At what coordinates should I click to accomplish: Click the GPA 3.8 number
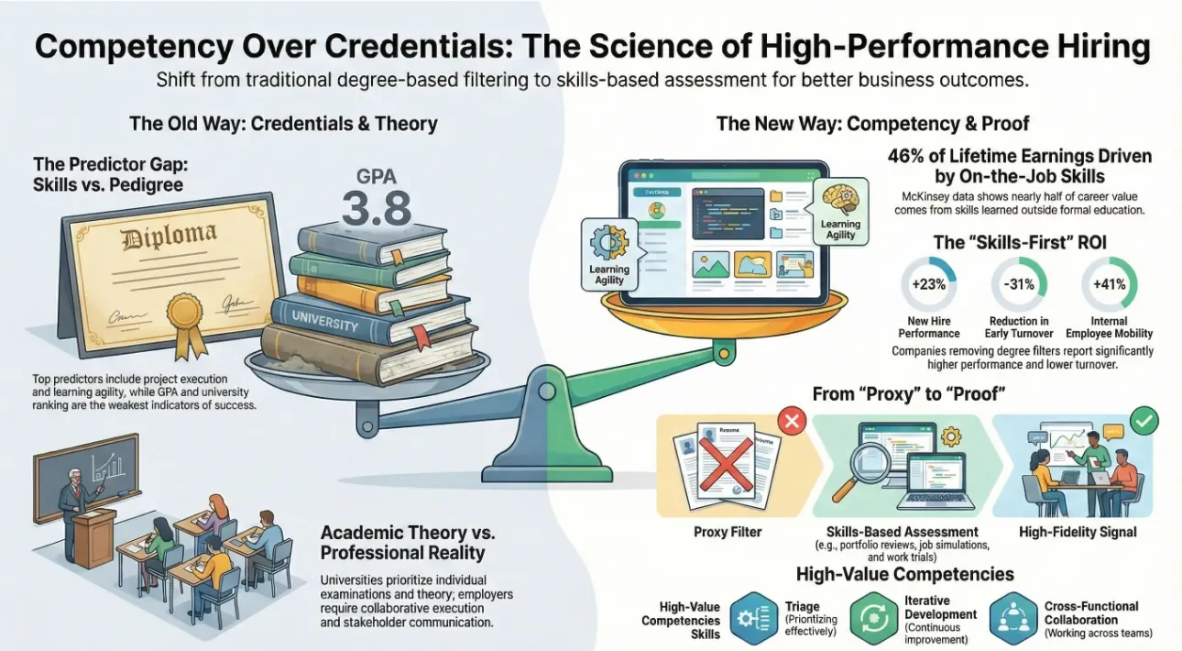[x=377, y=208]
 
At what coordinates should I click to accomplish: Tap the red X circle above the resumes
[x=790, y=422]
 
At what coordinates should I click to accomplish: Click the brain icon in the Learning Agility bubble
[x=840, y=197]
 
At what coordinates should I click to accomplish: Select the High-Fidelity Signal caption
[x=1077, y=532]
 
